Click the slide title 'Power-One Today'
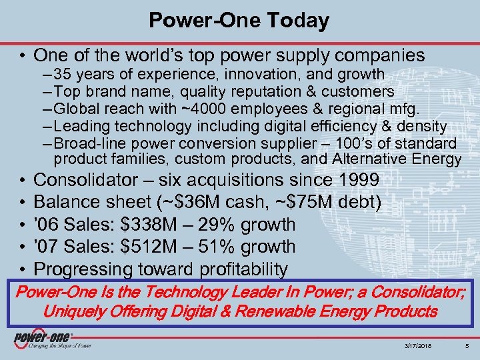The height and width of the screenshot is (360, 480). [239, 21]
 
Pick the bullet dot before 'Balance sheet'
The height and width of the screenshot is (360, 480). [23, 203]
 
